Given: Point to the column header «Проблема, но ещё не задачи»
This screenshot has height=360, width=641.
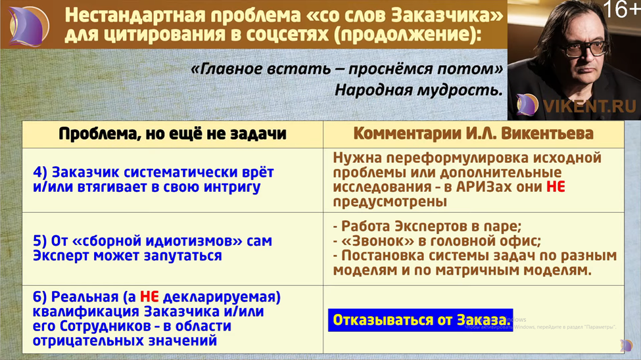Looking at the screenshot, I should [172, 134].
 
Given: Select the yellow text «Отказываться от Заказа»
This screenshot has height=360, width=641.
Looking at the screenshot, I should [419, 320].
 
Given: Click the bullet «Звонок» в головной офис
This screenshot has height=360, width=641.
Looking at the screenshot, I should [437, 240].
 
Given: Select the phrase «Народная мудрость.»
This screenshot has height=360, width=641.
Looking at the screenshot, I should [419, 89].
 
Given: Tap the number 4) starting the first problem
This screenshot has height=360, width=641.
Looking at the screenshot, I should [40, 173].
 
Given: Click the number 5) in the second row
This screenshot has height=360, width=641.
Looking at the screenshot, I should [40, 241].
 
